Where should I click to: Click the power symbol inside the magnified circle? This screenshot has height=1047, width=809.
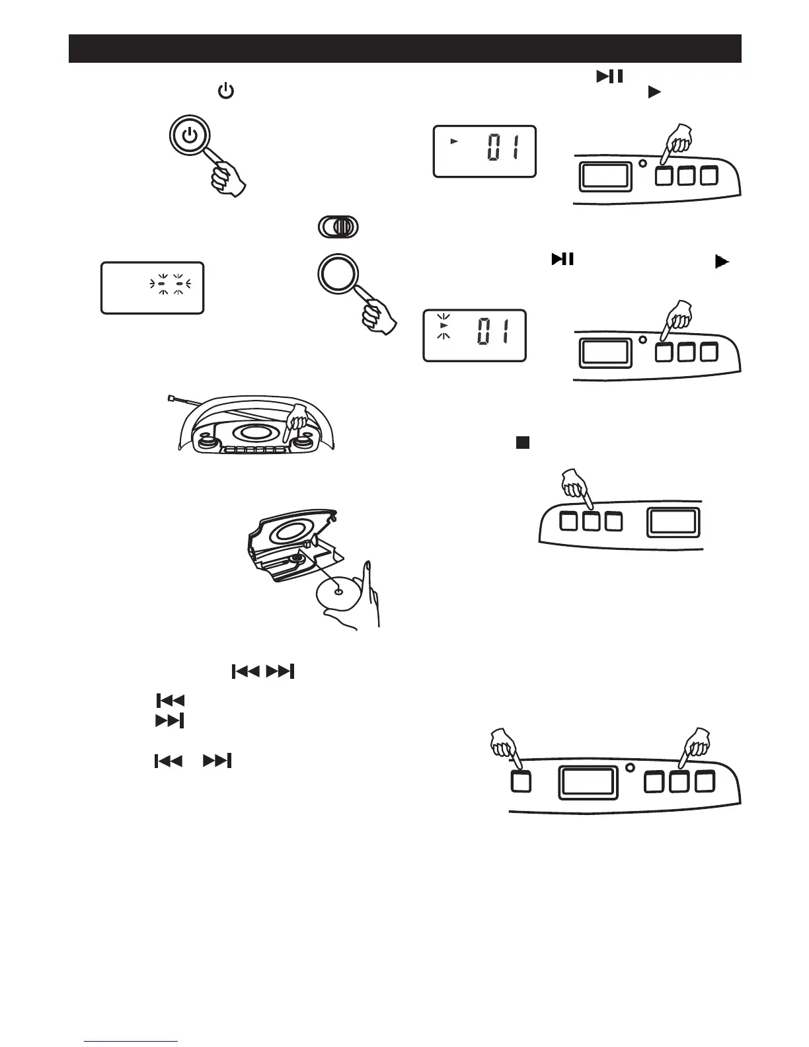190,137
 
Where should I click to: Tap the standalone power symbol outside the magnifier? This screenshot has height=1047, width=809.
226,91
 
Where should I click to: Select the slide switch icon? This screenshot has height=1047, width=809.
338,227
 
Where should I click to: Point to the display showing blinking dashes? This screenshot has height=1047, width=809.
152,288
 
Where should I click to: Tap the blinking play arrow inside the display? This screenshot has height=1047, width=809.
444,326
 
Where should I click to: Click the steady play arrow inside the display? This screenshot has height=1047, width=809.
453,141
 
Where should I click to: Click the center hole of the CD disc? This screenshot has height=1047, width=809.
338,592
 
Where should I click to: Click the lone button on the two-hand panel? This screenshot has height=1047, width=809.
521,782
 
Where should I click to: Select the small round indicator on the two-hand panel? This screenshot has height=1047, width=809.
629,768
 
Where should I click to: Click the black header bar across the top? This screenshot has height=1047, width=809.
404,48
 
